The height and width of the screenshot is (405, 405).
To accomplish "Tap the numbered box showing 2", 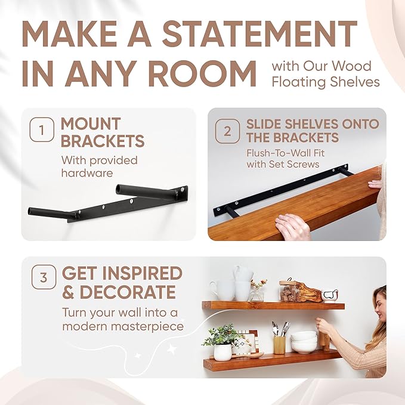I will [227, 131].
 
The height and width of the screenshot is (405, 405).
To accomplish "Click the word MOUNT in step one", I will [91, 124].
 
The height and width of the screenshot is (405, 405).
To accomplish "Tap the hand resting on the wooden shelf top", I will [293, 227].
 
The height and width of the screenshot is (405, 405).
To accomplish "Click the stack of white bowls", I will [304, 342].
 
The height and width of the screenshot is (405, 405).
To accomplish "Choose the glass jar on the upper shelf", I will [290, 290].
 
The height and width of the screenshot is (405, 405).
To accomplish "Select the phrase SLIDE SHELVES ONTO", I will [313, 124].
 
